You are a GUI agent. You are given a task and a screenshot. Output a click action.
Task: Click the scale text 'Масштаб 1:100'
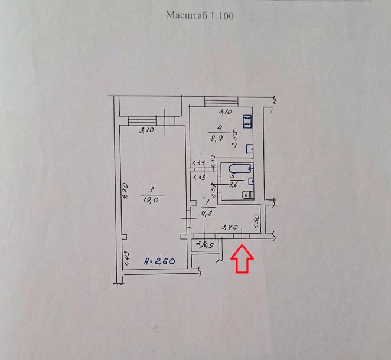[200, 16]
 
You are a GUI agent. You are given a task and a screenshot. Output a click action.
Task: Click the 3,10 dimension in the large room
[146, 130]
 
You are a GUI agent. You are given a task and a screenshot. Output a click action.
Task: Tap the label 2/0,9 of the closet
[206, 243]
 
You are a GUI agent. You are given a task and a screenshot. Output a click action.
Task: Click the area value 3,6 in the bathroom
[233, 184]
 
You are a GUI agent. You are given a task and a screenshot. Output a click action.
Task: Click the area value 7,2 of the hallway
[207, 214]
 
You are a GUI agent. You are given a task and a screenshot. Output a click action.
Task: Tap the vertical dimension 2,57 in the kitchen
[235, 140]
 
